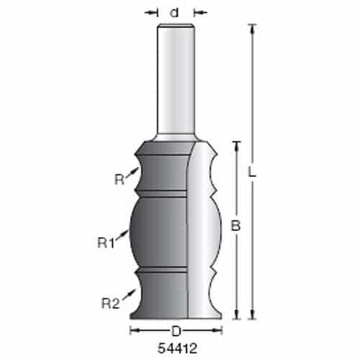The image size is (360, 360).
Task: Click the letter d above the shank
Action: click(x=174, y=13)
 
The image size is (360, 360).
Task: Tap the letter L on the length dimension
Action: click(x=252, y=172)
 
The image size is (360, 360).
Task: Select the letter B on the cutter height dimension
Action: click(x=235, y=226)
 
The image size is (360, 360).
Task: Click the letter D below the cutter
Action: click(x=176, y=331)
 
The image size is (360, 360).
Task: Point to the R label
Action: click(x=119, y=179)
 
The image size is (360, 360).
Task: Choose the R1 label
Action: click(x=106, y=243)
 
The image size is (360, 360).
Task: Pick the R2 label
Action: click(x=110, y=304)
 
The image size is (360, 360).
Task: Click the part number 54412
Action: click(x=178, y=348)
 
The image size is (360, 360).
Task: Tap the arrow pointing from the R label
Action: click(x=132, y=172)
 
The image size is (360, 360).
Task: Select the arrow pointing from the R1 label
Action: click(x=121, y=235)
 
